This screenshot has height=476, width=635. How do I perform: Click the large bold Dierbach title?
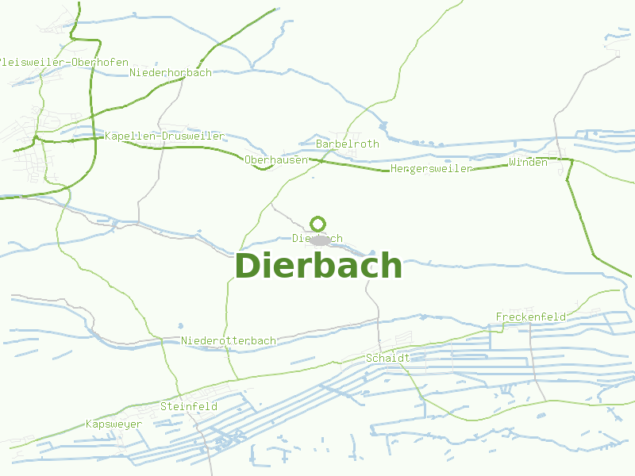pos(318,266)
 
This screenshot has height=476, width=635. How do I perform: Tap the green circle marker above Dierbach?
pos(318,224)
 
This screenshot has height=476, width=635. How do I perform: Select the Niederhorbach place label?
pos(171,73)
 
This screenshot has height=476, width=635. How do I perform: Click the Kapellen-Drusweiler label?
pos(164,136)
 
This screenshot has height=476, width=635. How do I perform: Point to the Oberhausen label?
pos(276,160)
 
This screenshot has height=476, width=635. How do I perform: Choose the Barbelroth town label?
pos(348,144)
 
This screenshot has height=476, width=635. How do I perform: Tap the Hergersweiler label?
pos(431,169)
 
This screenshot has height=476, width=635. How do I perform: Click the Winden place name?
pos(528,163)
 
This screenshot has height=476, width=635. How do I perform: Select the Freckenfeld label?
pos(531,317)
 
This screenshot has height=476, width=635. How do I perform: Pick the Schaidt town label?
pos(387,359)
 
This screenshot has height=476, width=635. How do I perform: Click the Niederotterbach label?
pos(229,341)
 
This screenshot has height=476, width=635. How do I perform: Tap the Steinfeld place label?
pos(189,407)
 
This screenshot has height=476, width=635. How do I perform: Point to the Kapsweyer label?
pos(114,424)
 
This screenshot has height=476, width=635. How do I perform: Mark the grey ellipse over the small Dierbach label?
pos(320,240)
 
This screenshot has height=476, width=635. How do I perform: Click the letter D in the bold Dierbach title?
pos(248,266)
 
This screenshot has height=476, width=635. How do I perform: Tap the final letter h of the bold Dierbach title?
pos(392,266)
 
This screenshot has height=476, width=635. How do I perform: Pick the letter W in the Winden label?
pos(512,163)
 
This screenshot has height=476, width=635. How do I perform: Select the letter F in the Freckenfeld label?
pos(499,317)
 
